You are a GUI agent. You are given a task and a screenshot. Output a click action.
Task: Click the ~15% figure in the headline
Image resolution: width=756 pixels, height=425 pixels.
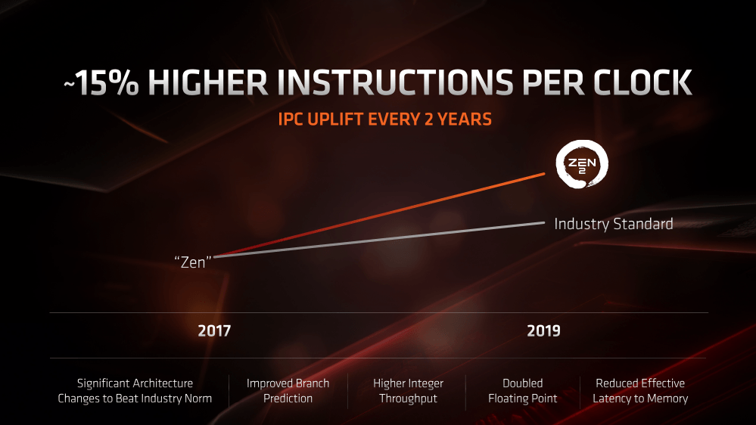101,84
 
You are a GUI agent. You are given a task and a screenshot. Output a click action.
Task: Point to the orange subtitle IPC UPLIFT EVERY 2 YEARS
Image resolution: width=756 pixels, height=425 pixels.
384,119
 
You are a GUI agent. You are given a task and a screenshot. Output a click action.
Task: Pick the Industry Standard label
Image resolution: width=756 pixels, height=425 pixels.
613,224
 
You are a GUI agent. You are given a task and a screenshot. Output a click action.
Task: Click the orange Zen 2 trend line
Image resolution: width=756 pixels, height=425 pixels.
378,214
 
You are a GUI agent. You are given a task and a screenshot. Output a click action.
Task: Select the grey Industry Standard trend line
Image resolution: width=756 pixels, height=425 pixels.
378,239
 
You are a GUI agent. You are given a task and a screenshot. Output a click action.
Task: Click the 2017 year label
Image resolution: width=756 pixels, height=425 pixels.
214,331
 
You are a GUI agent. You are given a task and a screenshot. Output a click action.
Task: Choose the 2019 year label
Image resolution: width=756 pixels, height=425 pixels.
543,331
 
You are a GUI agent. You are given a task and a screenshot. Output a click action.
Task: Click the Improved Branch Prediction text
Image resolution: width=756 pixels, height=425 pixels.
288,390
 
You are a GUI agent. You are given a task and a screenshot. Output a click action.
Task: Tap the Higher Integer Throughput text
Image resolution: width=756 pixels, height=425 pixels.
408,390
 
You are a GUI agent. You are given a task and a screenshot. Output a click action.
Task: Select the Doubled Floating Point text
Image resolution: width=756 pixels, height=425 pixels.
522,390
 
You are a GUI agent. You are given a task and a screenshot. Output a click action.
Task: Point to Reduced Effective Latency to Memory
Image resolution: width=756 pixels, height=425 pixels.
640,390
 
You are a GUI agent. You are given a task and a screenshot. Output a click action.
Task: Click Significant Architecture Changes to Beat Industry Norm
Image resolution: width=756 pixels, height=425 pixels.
135,390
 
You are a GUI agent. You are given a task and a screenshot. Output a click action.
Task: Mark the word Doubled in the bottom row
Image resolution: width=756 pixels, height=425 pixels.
522,383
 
